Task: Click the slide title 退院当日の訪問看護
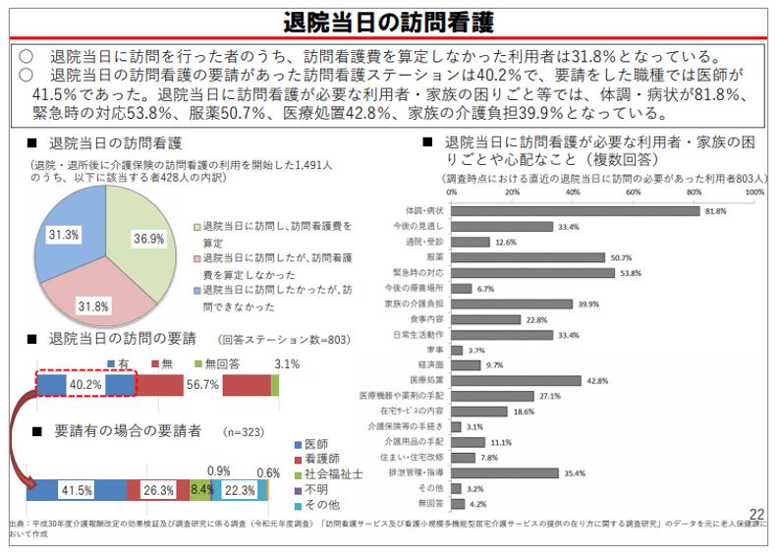click(388, 22)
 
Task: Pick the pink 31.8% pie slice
click(93, 295)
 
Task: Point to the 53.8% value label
click(631, 273)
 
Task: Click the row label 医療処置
click(424, 380)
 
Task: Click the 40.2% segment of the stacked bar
click(85, 385)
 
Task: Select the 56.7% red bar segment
click(201, 385)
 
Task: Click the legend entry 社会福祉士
click(334, 473)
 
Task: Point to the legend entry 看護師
click(324, 459)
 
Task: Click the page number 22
click(757, 515)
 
